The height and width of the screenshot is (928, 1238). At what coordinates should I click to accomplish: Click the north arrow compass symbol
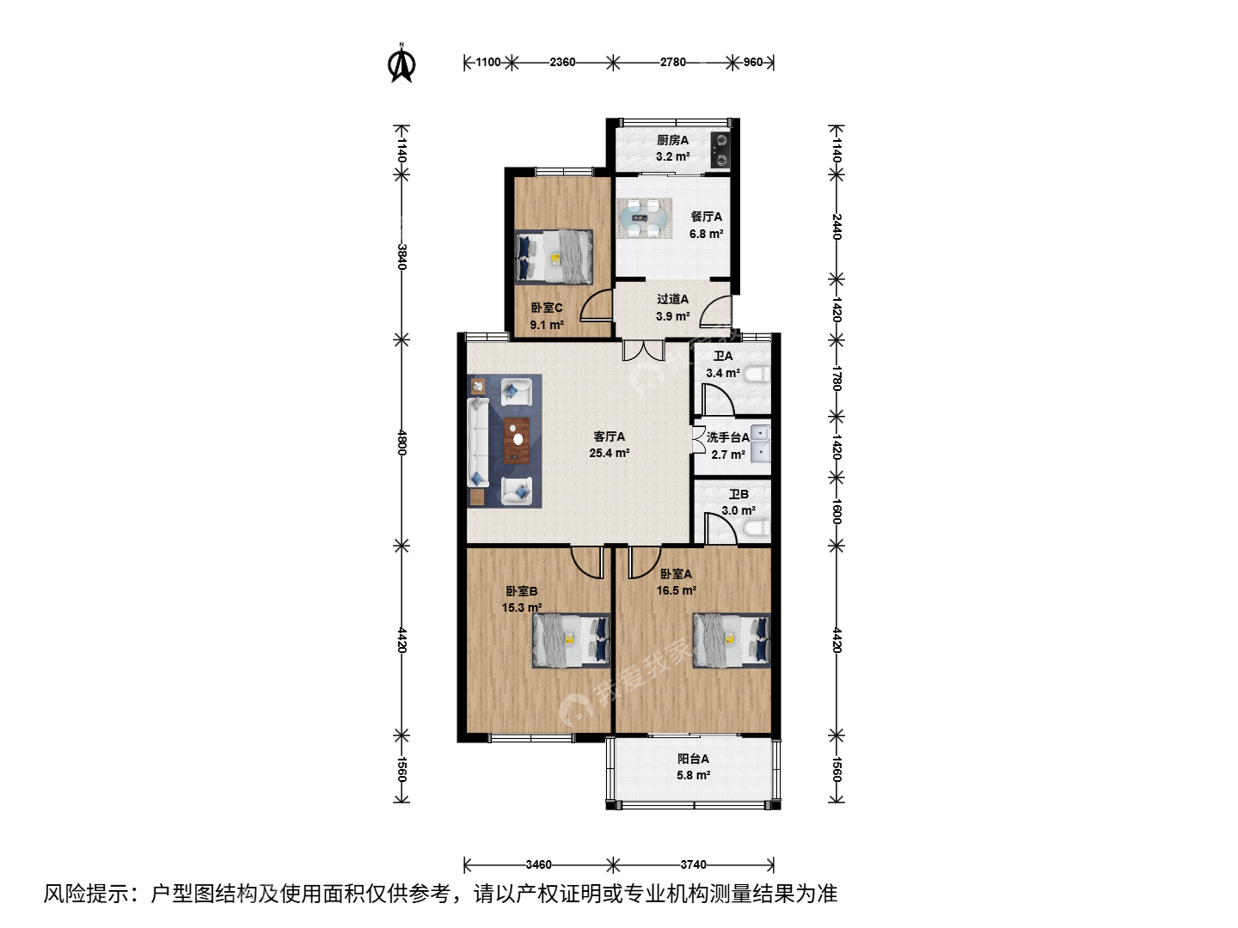tap(401, 63)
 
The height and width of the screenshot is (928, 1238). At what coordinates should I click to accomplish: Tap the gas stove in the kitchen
tap(720, 150)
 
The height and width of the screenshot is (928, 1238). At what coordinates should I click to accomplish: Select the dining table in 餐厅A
tap(644, 217)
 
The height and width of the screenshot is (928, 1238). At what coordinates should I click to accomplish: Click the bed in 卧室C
tap(554, 256)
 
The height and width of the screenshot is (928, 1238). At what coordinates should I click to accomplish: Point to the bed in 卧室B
tap(572, 640)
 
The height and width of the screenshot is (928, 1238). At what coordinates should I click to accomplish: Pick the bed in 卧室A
tap(732, 640)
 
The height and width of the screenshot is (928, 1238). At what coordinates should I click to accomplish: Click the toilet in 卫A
tap(757, 374)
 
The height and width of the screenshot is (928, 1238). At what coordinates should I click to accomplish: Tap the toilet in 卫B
tap(757, 528)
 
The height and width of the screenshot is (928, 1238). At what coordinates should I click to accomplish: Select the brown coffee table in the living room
tap(517, 440)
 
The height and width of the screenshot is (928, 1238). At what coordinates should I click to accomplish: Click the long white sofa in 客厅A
tap(478, 442)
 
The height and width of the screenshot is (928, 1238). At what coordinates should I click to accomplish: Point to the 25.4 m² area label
tap(610, 453)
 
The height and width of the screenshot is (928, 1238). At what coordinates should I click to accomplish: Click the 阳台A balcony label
tap(693, 759)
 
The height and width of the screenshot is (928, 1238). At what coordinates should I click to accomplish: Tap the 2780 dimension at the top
tap(673, 62)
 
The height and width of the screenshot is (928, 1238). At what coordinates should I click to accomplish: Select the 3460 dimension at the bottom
tap(539, 864)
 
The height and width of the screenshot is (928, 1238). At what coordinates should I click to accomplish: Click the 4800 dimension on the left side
tap(401, 443)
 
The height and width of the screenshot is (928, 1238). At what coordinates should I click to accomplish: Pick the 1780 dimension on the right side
tap(837, 378)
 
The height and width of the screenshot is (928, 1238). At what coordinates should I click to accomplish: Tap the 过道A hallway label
tap(673, 299)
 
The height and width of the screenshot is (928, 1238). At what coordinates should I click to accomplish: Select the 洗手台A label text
tap(728, 437)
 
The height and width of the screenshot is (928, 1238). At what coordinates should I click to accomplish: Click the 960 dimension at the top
tap(753, 62)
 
